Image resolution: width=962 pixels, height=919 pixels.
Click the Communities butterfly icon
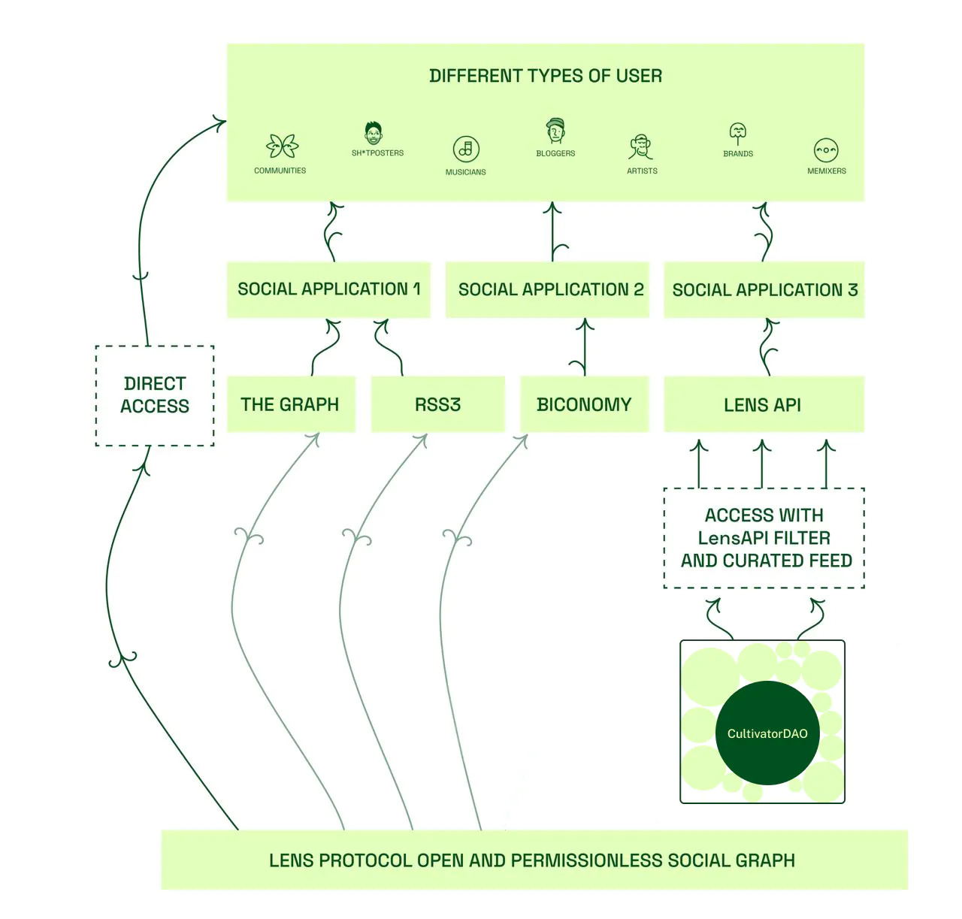tap(282, 146)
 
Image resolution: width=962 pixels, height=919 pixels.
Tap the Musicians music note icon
tap(466, 149)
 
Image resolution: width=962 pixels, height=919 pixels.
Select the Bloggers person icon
tap(555, 131)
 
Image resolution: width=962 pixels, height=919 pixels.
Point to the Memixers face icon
tap(826, 150)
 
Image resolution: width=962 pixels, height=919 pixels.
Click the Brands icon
tap(738, 134)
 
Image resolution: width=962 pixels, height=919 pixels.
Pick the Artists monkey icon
tap(641, 147)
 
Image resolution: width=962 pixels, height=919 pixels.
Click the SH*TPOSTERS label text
tap(377, 153)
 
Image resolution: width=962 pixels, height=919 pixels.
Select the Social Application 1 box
tap(328, 289)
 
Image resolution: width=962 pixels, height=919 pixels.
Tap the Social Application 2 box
tap(547, 289)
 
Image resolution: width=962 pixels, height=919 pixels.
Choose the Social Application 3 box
tap(764, 289)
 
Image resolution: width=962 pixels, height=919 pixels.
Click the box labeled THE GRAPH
tap(291, 404)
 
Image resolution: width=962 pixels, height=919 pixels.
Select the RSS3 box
tap(437, 404)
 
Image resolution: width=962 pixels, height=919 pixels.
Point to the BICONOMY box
tap(584, 404)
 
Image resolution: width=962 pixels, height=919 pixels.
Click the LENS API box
tap(764, 405)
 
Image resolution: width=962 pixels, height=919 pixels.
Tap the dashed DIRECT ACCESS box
tap(155, 395)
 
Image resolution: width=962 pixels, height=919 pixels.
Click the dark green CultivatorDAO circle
tap(767, 733)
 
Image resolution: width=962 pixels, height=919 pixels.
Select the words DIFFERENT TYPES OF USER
tap(546, 76)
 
